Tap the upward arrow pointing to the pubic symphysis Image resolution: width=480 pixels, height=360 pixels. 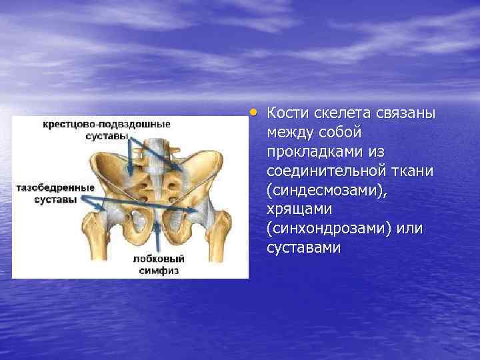(x=157, y=237)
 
